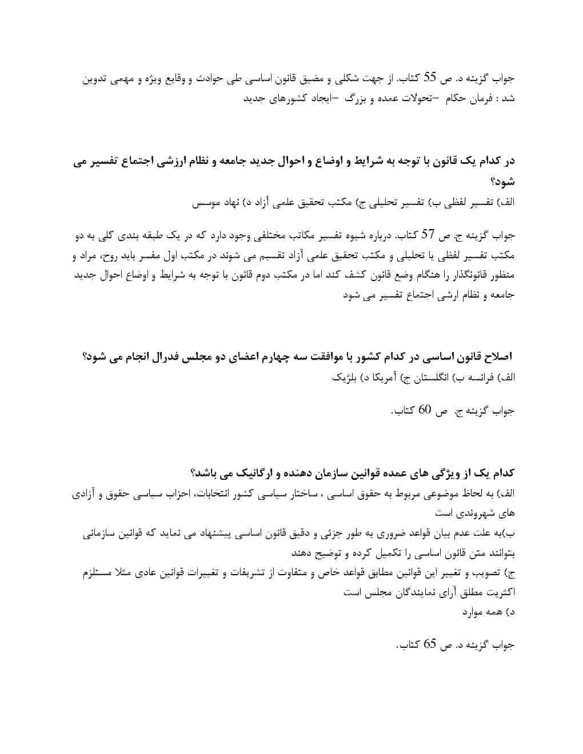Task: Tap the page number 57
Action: coord(428,234)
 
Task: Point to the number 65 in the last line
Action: coord(430,644)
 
